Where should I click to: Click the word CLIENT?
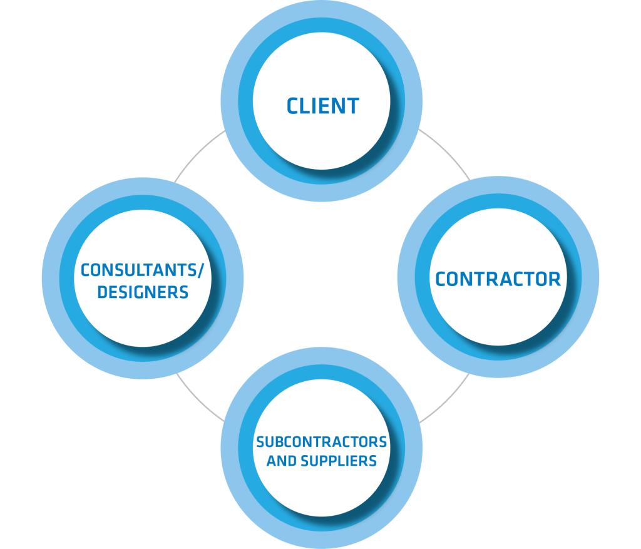(322, 106)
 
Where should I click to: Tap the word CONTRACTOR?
(498, 279)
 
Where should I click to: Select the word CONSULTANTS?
(139, 271)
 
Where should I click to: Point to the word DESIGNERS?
(143, 292)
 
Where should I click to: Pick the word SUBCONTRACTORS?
(322, 443)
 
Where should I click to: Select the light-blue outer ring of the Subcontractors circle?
(322, 540)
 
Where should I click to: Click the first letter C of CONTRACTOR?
(441, 279)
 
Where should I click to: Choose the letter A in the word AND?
(271, 461)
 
